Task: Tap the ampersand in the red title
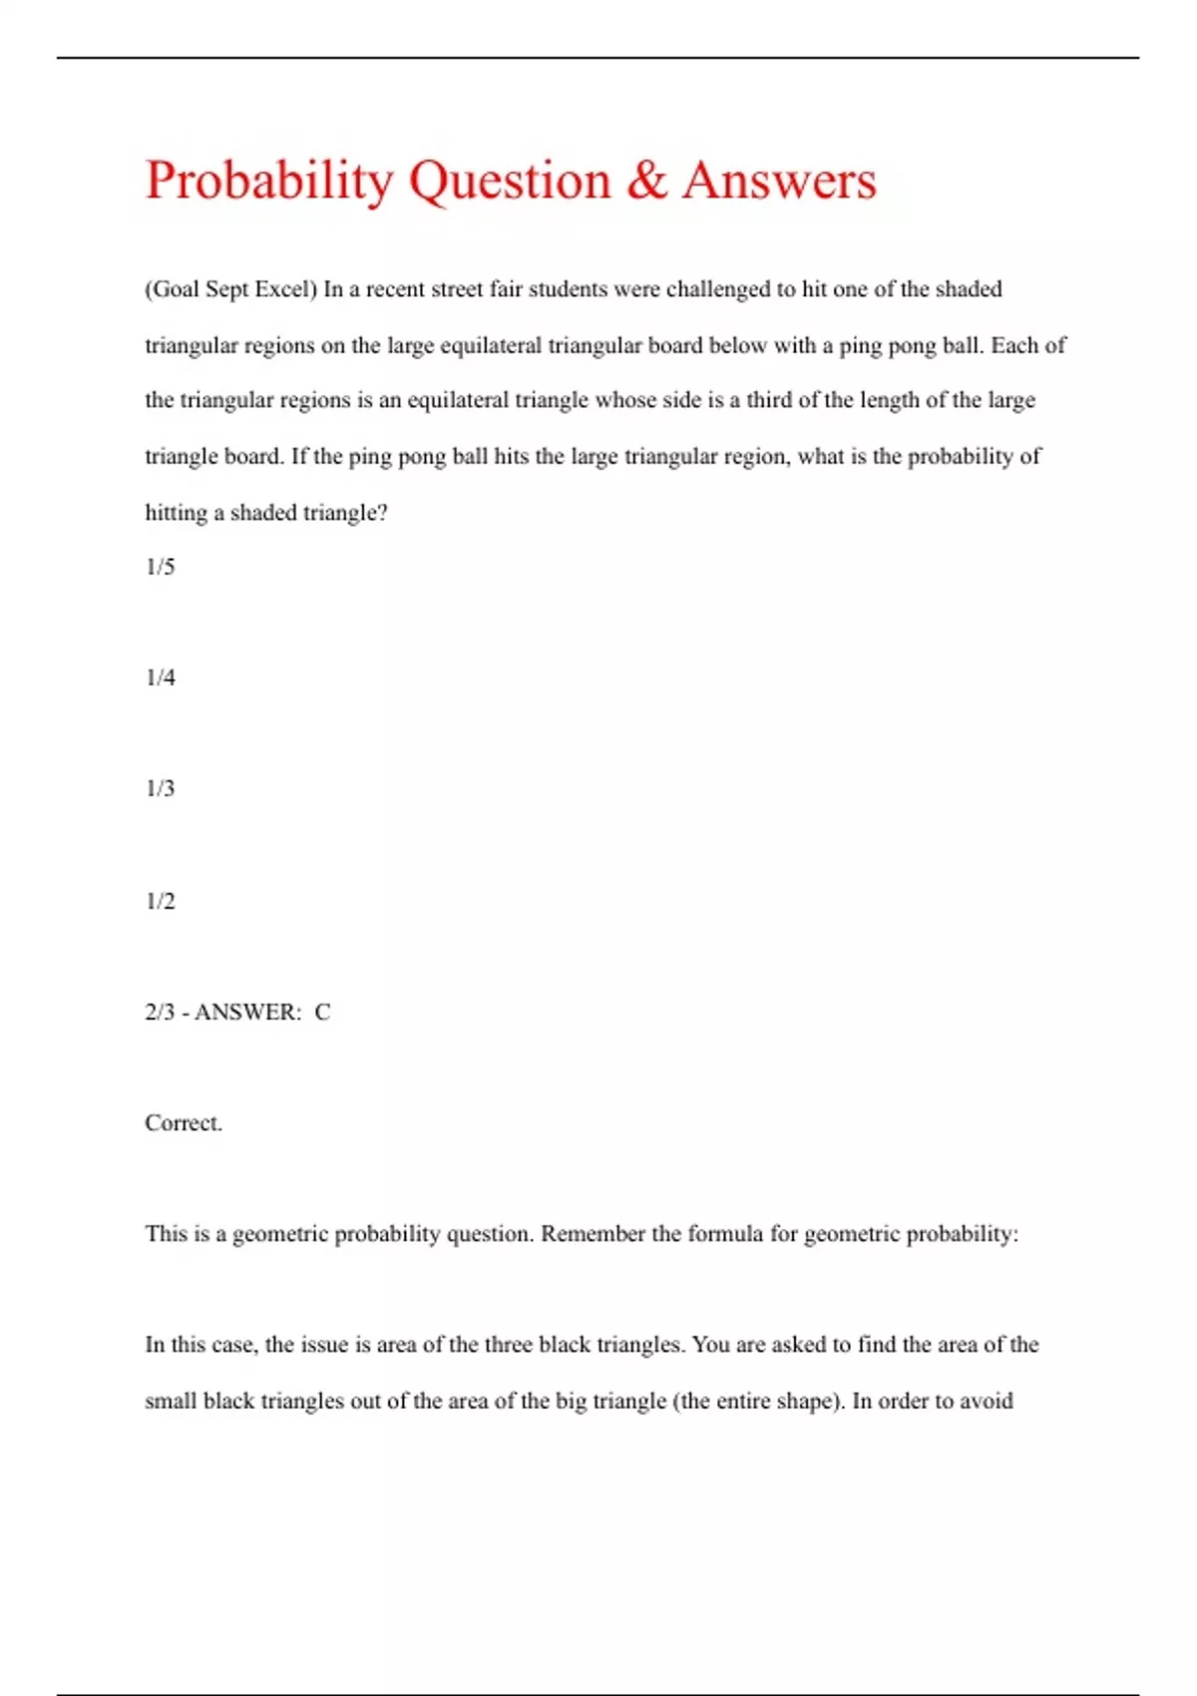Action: (x=647, y=181)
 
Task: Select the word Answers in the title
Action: (x=779, y=181)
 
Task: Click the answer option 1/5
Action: (x=160, y=567)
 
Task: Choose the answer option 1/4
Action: (x=160, y=677)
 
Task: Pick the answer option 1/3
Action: (x=160, y=788)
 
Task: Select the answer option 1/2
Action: (x=160, y=901)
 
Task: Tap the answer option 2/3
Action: (x=160, y=1012)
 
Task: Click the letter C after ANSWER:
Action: (x=322, y=1012)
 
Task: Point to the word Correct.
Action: (x=184, y=1122)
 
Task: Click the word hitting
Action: (x=177, y=513)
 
